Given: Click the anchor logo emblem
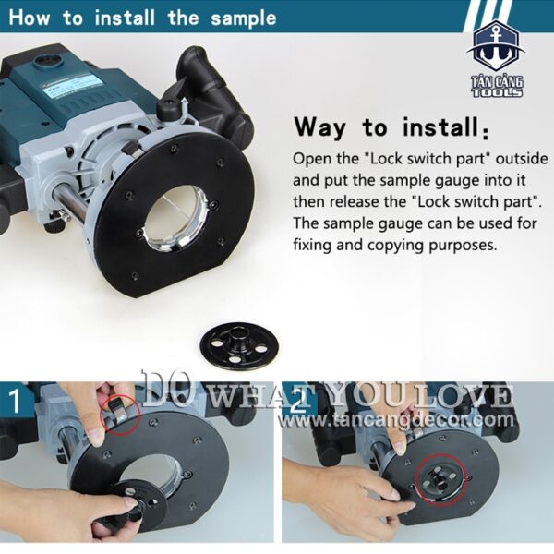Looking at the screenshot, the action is (x=496, y=48).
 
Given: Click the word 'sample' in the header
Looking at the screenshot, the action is (x=244, y=18).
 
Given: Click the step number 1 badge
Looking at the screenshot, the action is (x=15, y=401).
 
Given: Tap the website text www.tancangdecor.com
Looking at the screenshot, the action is (x=396, y=420).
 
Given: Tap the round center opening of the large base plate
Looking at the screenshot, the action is (x=179, y=218).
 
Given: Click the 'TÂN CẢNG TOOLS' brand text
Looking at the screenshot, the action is (x=497, y=87).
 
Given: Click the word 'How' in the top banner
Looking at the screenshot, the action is (x=29, y=18).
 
